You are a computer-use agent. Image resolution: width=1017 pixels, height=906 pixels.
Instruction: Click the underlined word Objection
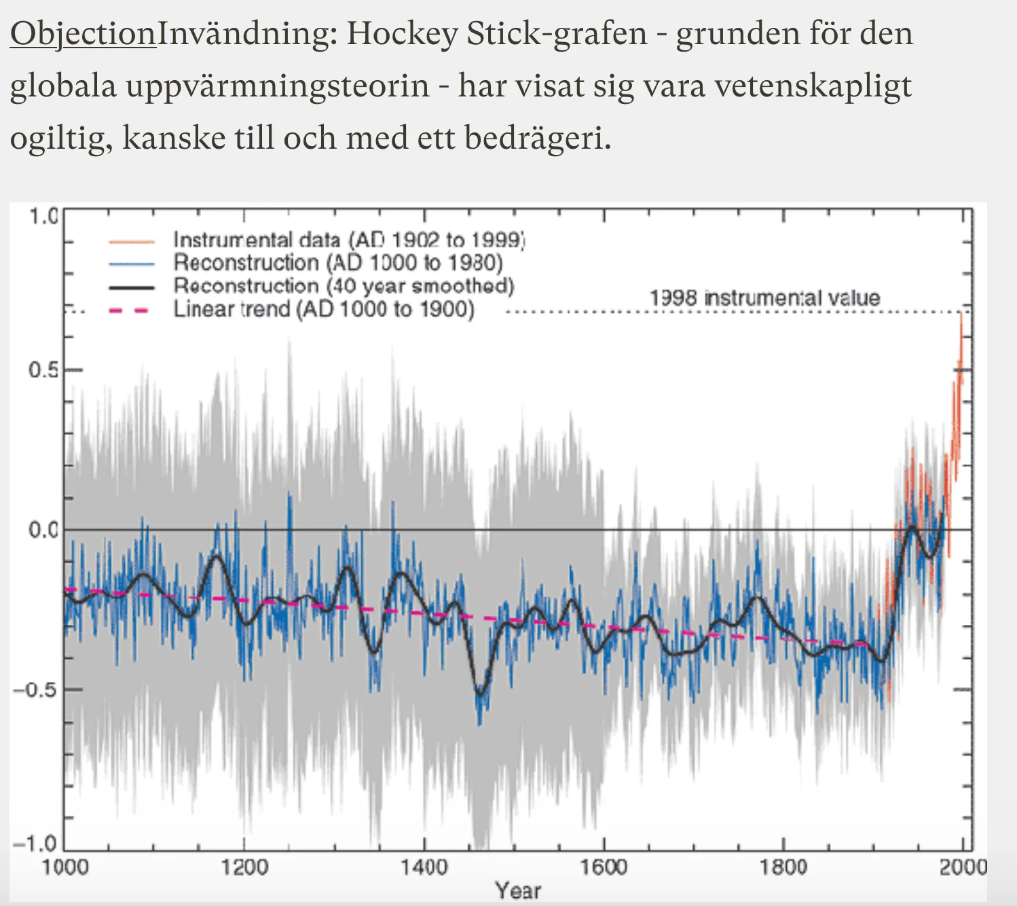(x=83, y=34)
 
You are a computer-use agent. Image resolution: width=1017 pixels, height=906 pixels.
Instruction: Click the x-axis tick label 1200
(x=244, y=867)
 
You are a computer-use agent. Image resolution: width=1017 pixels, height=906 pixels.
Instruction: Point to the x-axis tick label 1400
(x=424, y=867)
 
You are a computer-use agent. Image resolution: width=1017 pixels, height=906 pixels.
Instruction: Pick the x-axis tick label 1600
(x=603, y=867)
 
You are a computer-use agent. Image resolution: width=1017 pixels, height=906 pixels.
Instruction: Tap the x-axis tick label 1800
(x=783, y=867)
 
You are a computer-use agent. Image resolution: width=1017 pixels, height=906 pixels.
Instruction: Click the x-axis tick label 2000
(x=962, y=867)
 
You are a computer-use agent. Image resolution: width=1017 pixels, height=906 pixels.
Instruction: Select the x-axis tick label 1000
(x=64, y=867)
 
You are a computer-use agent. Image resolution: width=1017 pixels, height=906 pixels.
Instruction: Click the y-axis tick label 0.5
(x=43, y=370)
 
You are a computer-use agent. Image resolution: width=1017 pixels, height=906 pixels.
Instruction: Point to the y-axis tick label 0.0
(x=43, y=530)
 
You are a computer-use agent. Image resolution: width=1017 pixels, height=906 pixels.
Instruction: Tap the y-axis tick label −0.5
(x=38, y=689)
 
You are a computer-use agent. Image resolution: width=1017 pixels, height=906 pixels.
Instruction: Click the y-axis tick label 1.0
(x=43, y=217)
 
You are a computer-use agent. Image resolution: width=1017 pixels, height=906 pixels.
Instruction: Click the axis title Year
(x=518, y=890)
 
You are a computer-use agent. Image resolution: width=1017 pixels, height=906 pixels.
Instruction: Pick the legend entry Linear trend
(x=324, y=310)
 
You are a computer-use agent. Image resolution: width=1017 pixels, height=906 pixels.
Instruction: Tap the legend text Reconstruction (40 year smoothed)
(x=344, y=286)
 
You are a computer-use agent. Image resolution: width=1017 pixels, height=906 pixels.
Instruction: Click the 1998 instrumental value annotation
(x=764, y=297)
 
